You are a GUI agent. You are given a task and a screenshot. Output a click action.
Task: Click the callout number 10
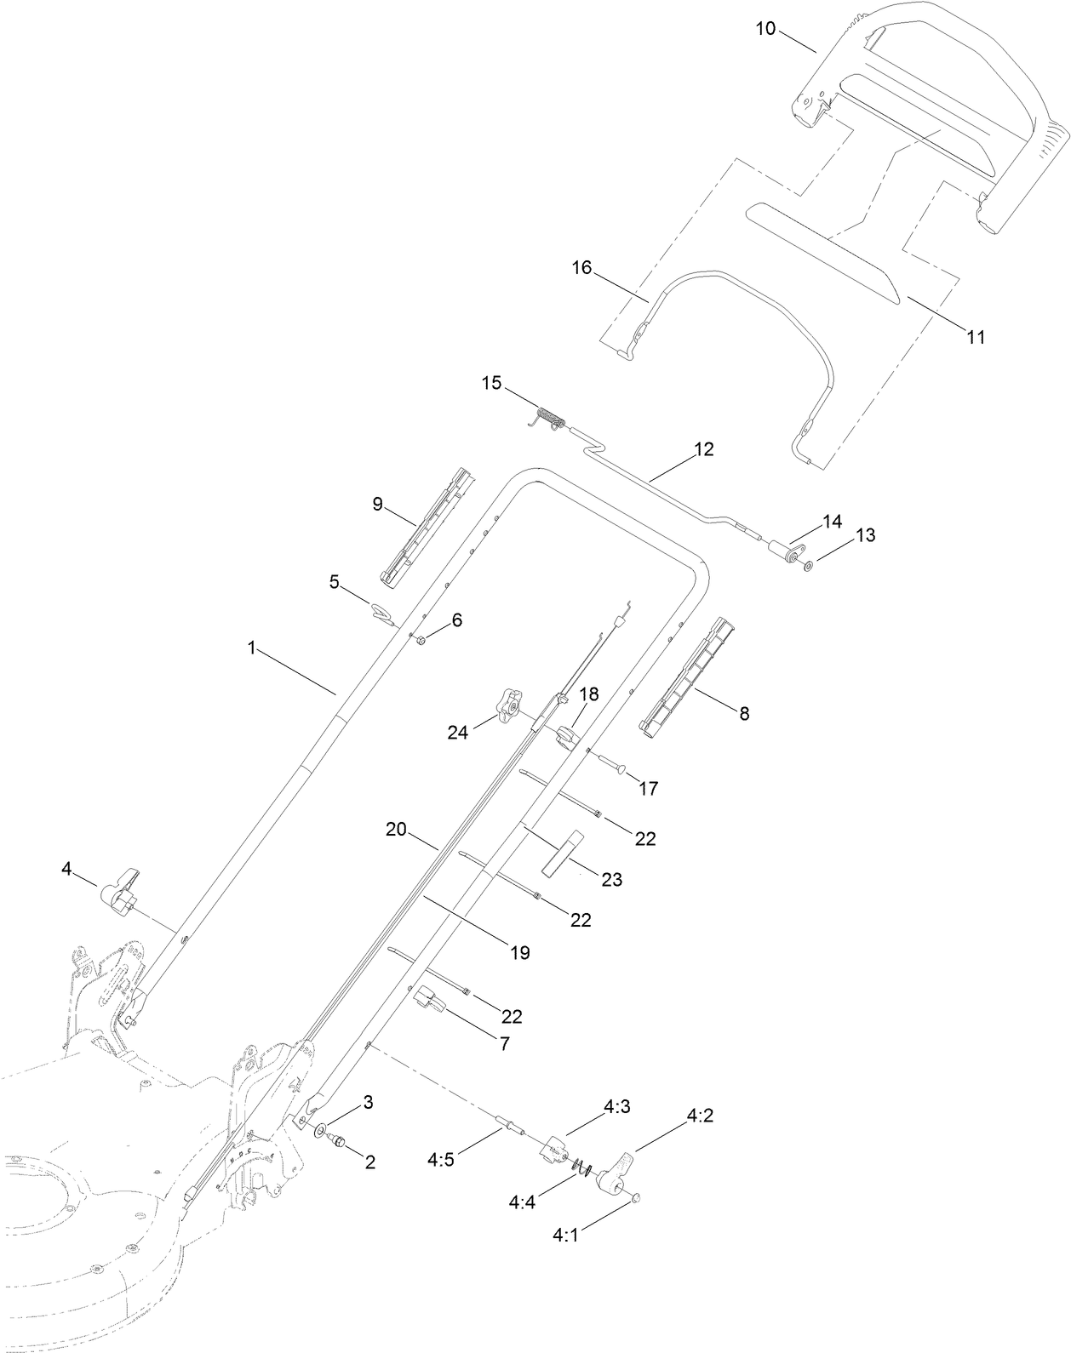coord(765,28)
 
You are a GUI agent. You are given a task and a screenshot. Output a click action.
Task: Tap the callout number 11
coord(975,337)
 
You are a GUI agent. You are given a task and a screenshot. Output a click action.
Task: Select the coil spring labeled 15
coord(550,420)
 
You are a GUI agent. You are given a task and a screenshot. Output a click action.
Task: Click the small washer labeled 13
coord(808,565)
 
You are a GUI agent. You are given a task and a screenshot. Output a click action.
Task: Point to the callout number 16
coord(581,269)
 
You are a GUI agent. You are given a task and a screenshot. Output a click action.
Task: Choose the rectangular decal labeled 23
coord(561,849)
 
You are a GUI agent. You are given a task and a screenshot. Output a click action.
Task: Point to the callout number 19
coord(520,952)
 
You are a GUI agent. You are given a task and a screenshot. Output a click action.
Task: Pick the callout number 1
coord(252,648)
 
